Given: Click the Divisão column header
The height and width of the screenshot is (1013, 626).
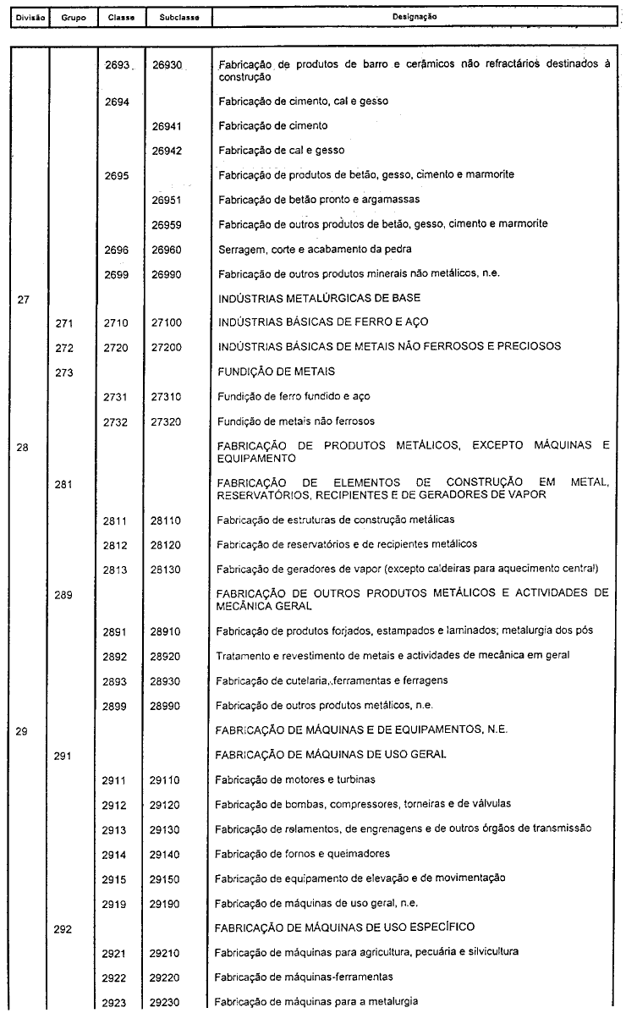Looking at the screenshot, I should (x=25, y=17).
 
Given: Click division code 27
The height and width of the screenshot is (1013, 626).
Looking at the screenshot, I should (x=25, y=299).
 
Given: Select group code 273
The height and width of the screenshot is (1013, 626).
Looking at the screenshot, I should (x=64, y=372).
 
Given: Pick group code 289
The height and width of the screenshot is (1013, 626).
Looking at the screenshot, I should (x=64, y=596).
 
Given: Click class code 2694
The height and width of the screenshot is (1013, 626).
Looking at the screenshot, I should (x=116, y=102).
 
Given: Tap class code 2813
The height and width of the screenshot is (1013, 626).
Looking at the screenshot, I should (x=116, y=570).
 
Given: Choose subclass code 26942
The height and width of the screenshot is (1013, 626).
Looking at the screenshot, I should (x=167, y=151).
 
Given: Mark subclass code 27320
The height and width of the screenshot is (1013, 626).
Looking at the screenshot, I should (x=167, y=421).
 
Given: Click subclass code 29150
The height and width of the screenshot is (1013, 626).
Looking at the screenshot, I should (x=167, y=878).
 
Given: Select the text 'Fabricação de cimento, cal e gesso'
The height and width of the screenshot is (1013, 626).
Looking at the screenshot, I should (x=303, y=102).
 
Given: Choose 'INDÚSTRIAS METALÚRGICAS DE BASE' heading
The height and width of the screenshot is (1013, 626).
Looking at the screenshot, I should (x=319, y=298).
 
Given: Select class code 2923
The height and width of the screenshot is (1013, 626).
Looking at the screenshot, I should (x=116, y=1002).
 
